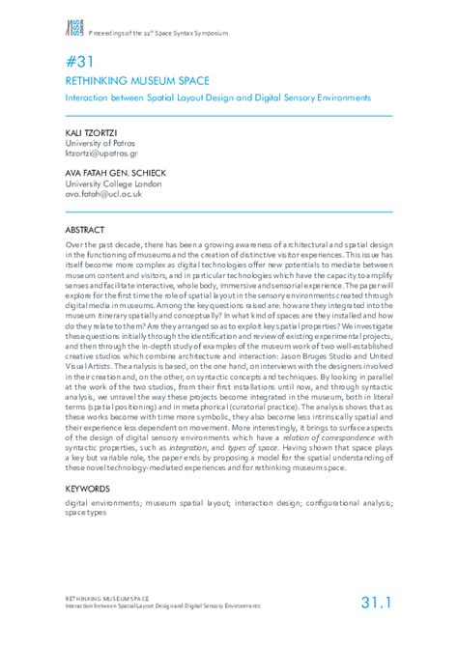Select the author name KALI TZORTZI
[x=90, y=129]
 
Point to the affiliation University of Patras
[x=99, y=141]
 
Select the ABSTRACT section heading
[x=85, y=232]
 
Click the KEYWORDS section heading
[x=89, y=490]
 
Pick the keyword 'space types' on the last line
[x=86, y=513]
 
